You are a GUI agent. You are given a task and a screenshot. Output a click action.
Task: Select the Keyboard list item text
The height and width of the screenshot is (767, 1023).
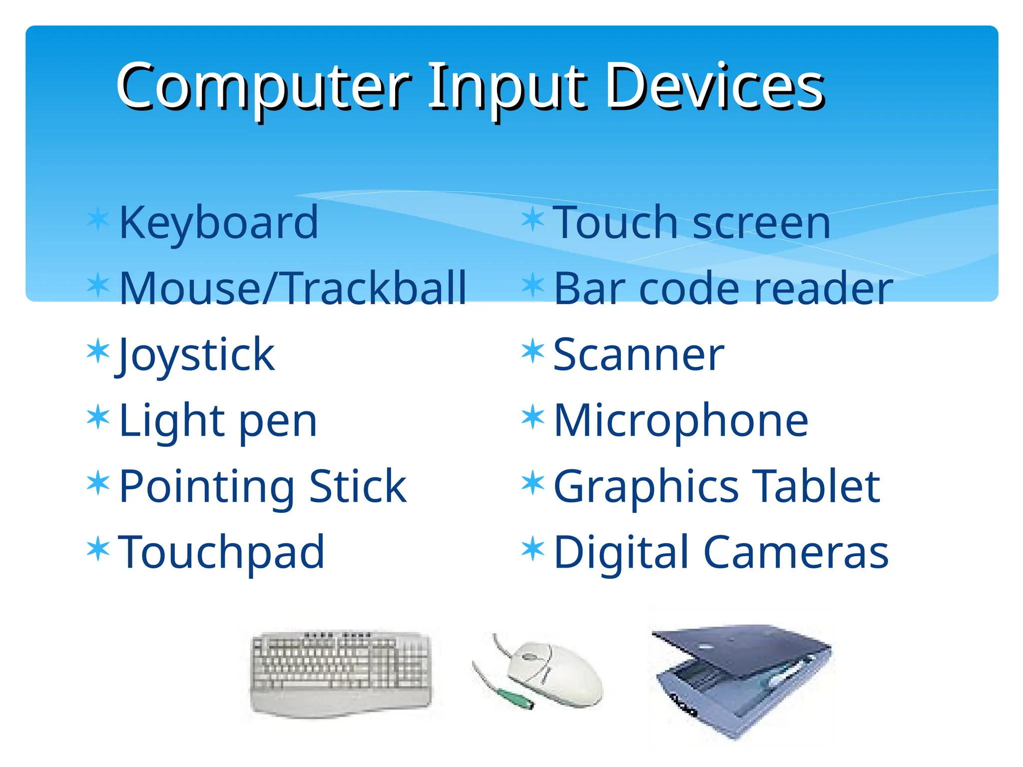(x=218, y=223)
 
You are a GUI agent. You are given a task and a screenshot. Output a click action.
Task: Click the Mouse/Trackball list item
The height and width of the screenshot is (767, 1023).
(x=293, y=288)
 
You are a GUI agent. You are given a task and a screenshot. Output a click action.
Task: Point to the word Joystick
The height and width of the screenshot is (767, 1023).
(x=196, y=355)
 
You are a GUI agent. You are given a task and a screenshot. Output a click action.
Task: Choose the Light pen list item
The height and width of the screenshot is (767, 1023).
(x=218, y=420)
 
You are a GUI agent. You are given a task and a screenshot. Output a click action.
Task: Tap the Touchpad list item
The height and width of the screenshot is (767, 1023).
(x=221, y=552)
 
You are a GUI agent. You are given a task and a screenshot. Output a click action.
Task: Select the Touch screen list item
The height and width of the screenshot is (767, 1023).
(x=692, y=223)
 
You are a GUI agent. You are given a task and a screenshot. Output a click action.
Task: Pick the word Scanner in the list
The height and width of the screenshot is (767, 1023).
(x=639, y=355)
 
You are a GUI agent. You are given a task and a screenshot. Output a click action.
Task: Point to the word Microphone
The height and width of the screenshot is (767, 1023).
(x=681, y=420)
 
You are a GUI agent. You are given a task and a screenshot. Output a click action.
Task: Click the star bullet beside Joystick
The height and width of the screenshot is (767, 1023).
(x=98, y=351)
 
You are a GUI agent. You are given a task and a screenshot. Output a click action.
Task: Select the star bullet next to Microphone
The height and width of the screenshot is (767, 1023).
(x=532, y=417)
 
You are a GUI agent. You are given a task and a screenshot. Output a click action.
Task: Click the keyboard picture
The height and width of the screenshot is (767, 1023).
(x=341, y=672)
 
